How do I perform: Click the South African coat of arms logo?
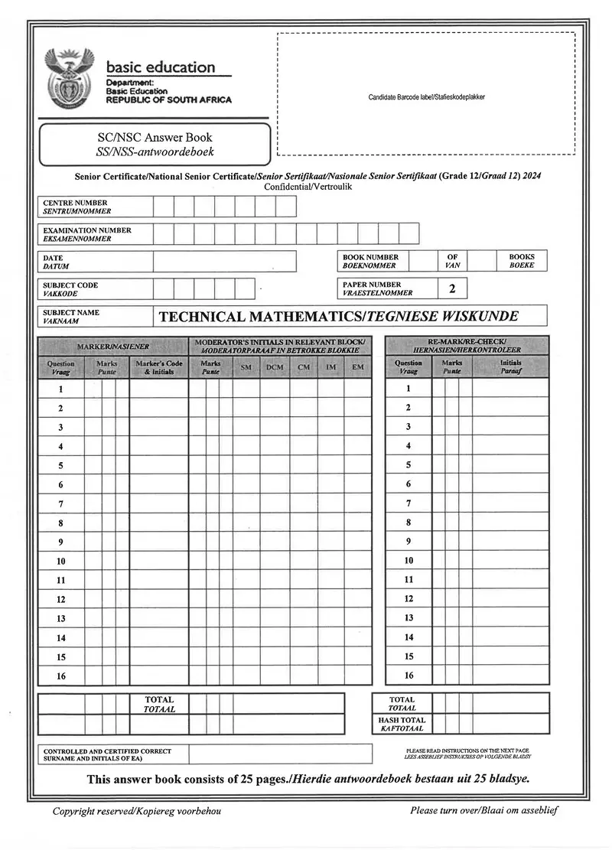(70, 79)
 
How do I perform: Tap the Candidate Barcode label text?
(426, 97)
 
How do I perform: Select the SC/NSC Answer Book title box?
(155, 145)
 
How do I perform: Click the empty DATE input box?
(224, 262)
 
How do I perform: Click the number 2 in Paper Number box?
(452, 288)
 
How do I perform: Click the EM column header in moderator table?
(358, 368)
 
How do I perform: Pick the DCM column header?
(275, 368)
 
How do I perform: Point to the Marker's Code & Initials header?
(158, 368)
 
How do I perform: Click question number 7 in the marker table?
(60, 504)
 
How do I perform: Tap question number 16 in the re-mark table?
(409, 676)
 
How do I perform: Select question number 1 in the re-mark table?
(409, 389)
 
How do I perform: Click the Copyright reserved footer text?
(136, 811)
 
